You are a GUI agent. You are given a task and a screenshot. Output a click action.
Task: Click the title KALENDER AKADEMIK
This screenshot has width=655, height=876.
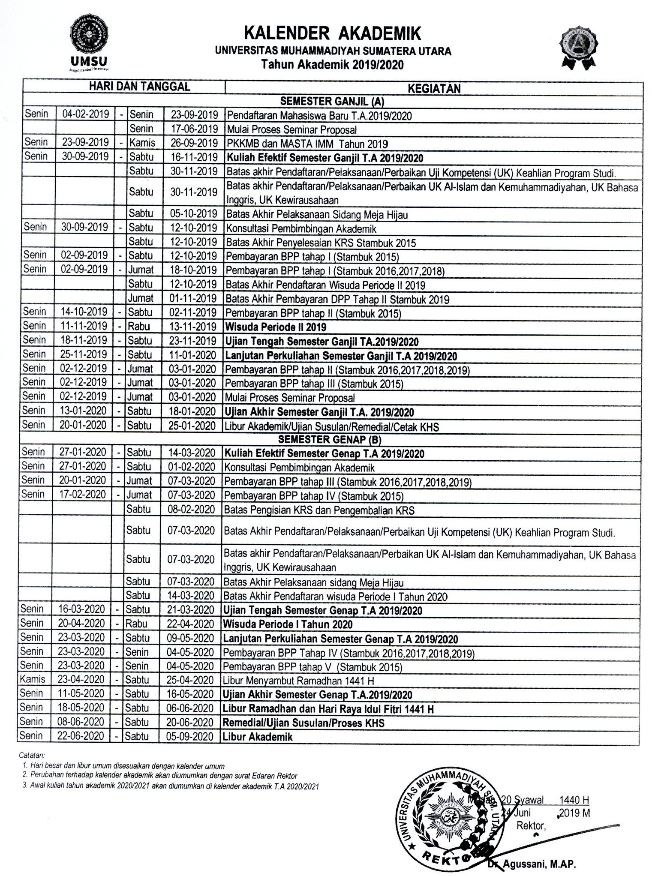[x=333, y=33]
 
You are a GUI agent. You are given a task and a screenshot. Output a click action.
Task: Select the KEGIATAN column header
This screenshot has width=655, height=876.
[x=434, y=88]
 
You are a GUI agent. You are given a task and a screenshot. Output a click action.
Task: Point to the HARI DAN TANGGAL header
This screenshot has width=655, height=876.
[x=139, y=87]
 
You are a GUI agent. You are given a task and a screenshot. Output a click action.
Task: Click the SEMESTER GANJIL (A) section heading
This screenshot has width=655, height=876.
[x=332, y=102]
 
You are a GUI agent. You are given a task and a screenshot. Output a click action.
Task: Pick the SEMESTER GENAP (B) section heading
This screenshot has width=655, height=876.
[x=330, y=440]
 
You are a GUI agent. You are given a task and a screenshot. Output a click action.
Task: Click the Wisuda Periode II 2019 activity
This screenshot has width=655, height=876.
[x=276, y=327]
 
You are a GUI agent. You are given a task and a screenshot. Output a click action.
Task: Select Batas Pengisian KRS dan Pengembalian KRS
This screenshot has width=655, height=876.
[x=319, y=510]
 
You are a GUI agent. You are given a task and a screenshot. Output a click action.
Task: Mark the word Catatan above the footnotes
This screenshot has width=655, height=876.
[x=32, y=755]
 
